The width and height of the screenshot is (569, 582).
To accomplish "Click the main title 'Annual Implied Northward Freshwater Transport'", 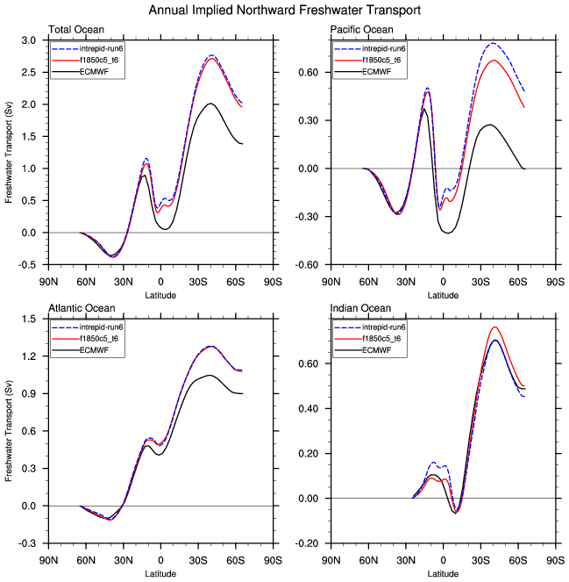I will point(284,11).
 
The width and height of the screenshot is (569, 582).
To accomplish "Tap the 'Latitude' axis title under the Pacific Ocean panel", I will point(443,295).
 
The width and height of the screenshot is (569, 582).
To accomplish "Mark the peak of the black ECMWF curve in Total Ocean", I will point(210,104).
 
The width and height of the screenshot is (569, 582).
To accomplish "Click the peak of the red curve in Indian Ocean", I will point(495,327).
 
